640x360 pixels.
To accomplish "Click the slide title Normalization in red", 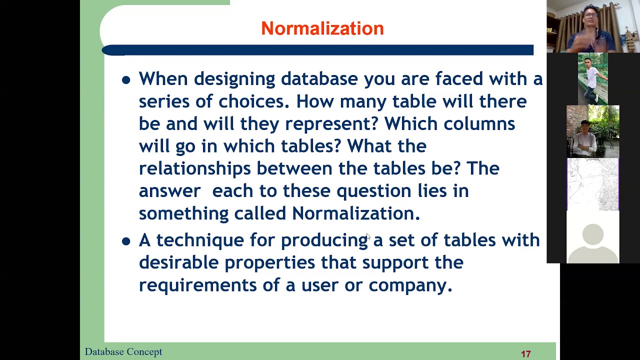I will [322, 28].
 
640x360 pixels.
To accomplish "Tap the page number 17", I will [525, 354].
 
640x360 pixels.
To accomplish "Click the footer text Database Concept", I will [123, 352].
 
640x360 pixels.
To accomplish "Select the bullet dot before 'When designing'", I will [126, 80].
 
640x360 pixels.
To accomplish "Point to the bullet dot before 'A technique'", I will [126, 241].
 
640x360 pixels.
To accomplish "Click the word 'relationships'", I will [194, 168].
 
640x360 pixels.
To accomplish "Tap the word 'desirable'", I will [178, 262].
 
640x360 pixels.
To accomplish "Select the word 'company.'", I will [410, 285].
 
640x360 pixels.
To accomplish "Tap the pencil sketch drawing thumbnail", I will [592, 184].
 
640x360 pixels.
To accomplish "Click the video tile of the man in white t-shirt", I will [592, 78].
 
